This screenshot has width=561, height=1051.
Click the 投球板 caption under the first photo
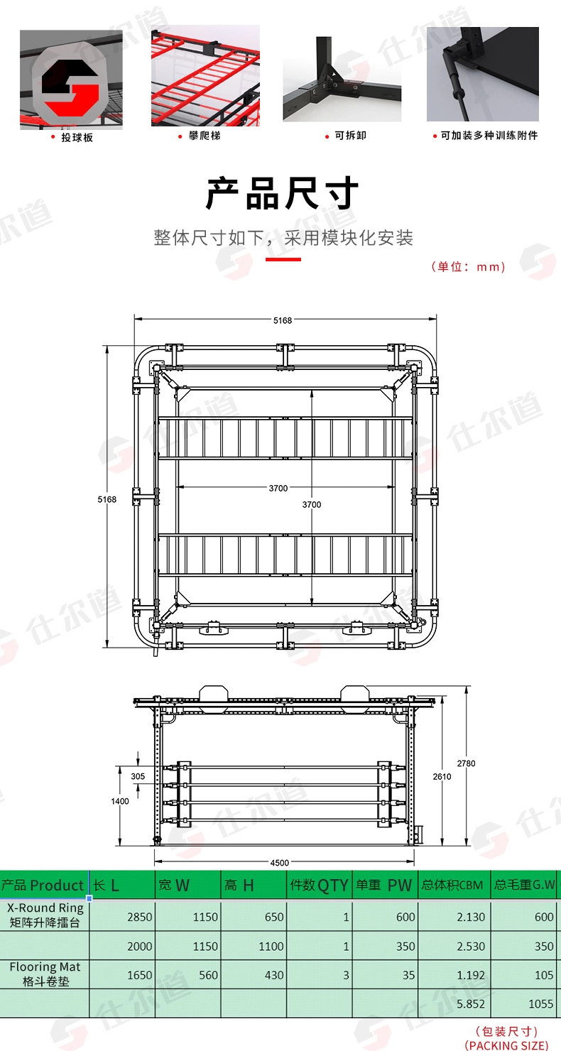click(x=77, y=138)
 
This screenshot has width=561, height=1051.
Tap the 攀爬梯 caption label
click(x=205, y=136)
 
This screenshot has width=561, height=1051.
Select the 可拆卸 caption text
click(x=350, y=136)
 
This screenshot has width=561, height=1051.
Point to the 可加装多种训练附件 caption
click(x=489, y=136)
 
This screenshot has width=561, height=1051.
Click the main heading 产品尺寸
click(x=281, y=193)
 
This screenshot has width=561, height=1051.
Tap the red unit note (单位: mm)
click(x=468, y=266)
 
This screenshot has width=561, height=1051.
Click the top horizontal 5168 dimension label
click(x=283, y=320)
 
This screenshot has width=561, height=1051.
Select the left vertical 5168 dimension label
click(x=107, y=499)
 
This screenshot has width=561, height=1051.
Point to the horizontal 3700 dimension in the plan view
click(x=278, y=488)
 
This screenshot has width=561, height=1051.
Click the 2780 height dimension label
click(x=467, y=763)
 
